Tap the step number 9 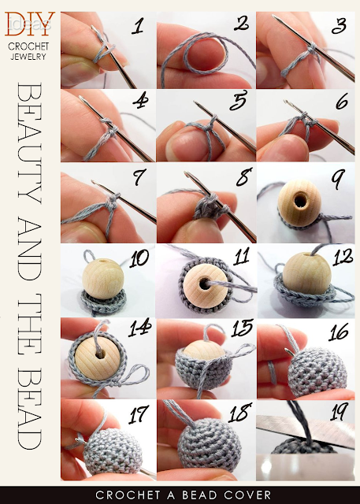click(338, 179)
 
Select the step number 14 click(139, 328)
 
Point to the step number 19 click(340, 411)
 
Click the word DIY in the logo click(30, 24)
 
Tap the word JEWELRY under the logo click(28, 57)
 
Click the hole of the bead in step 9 click(301, 201)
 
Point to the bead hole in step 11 click(205, 283)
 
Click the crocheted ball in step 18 click(210, 443)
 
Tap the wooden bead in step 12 click(306, 273)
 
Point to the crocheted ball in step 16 click(317, 372)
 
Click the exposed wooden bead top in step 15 click(204, 350)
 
